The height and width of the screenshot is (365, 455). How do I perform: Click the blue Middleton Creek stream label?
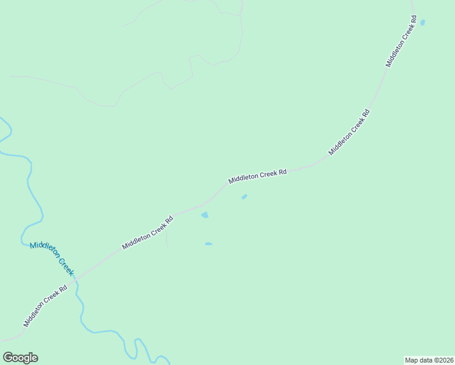pyautogui.click(x=52, y=257)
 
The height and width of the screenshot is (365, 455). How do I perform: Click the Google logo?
pyautogui.click(x=20, y=358)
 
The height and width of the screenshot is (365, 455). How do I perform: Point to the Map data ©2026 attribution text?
pyautogui.click(x=429, y=360)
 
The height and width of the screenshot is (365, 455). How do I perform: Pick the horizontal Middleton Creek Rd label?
pyautogui.click(x=257, y=176)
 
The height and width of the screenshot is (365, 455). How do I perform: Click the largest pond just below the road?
pyautogui.click(x=205, y=215)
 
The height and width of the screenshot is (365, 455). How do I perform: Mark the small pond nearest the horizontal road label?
pyautogui.click(x=245, y=196)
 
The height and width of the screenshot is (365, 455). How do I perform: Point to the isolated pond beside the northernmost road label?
pyautogui.click(x=422, y=23)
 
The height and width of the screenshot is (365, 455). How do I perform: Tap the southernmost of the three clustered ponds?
pyautogui.click(x=209, y=244)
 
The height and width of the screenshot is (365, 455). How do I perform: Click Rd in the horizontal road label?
pyautogui.click(x=282, y=172)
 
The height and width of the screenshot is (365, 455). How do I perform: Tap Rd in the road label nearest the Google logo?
pyautogui.click(x=63, y=288)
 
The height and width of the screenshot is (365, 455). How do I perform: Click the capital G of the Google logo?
pyautogui.click(x=8, y=358)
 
